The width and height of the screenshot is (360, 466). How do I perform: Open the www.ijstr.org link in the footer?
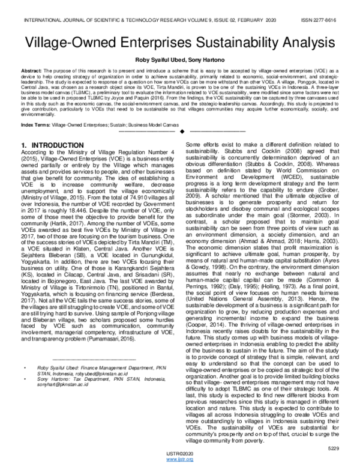coord(180,461)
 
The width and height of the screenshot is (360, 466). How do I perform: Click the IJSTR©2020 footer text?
coord(180,455)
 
